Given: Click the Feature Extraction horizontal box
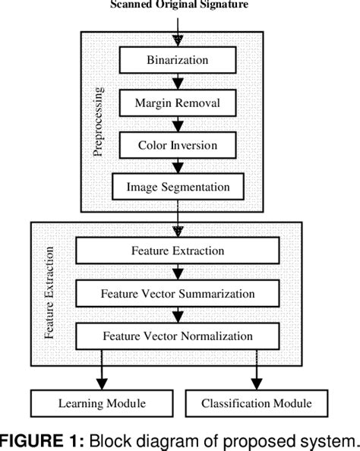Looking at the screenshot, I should coord(178,250).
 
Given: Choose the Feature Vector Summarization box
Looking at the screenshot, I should coord(178,292).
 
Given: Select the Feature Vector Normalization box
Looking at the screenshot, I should coord(178,335).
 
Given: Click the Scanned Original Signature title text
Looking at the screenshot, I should coord(179,6).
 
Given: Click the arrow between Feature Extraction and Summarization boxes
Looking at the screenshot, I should coord(178,271).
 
